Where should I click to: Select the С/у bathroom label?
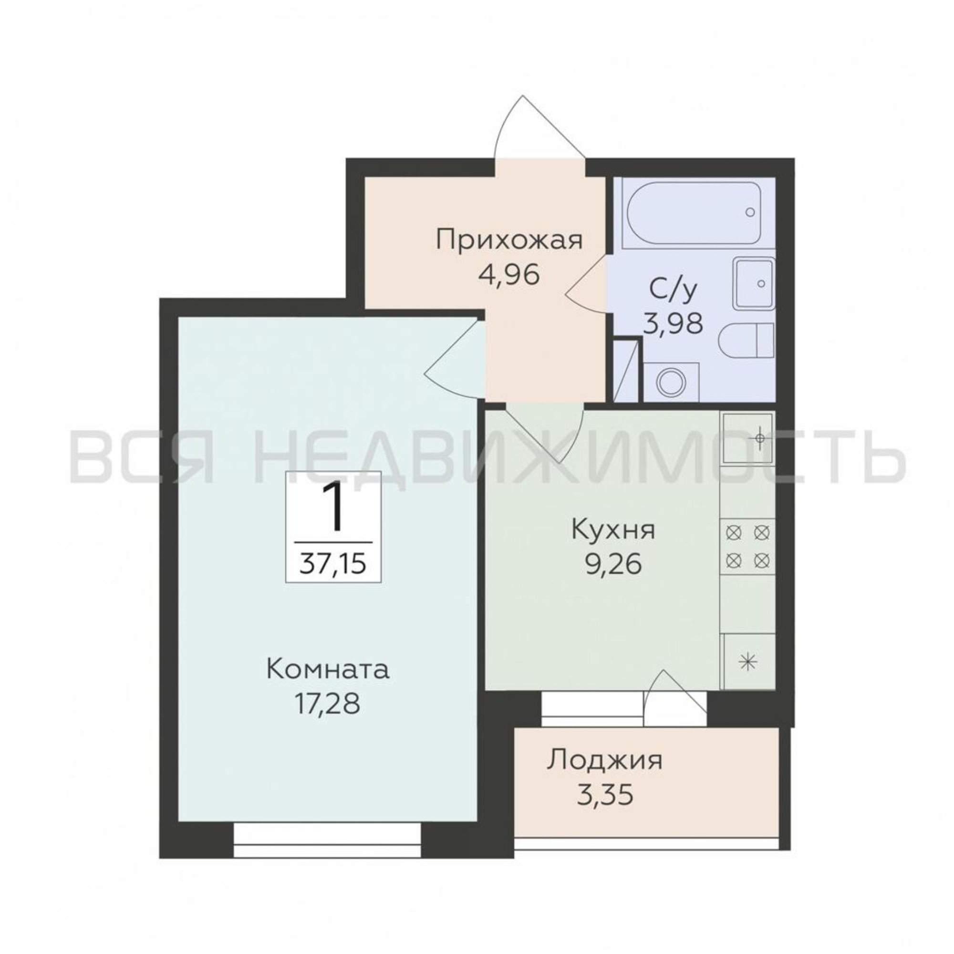tap(673, 290)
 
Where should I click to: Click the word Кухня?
tap(613, 530)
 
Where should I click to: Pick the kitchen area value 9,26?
tap(613, 564)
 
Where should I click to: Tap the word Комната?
tap(328, 670)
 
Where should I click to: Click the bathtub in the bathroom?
tap(693, 212)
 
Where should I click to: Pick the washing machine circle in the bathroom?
tap(672, 382)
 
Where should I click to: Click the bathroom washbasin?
tap(754, 283)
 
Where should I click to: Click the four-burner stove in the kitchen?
tap(747, 547)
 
